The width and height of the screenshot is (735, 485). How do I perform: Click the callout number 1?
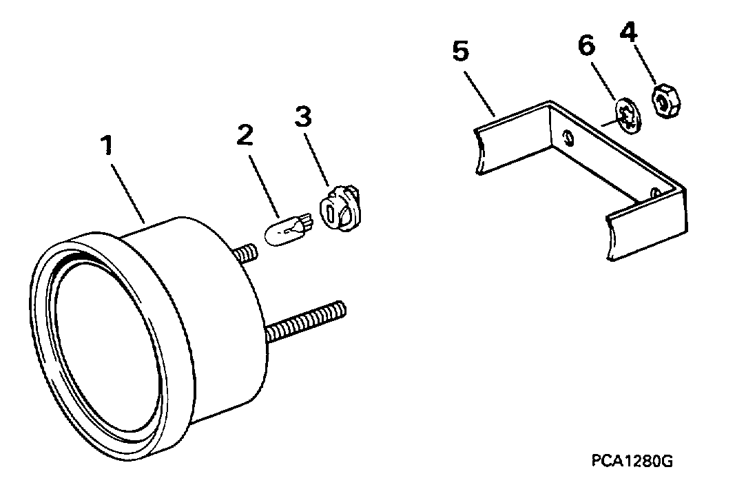click(x=108, y=145)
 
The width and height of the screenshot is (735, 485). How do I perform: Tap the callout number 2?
click(x=245, y=136)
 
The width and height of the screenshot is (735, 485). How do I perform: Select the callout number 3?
click(x=303, y=116)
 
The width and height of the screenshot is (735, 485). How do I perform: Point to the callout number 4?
click(x=629, y=33)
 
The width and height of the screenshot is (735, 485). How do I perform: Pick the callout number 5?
click(x=461, y=51)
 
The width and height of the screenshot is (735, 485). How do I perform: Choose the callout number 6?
click(x=586, y=46)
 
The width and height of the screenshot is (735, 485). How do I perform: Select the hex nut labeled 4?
click(x=666, y=101)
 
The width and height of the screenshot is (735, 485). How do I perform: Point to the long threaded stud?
click(x=306, y=322)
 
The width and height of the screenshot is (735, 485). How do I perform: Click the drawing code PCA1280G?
click(x=632, y=461)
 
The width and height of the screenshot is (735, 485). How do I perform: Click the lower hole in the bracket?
click(x=655, y=193)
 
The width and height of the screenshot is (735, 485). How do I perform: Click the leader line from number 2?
click(x=265, y=187)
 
